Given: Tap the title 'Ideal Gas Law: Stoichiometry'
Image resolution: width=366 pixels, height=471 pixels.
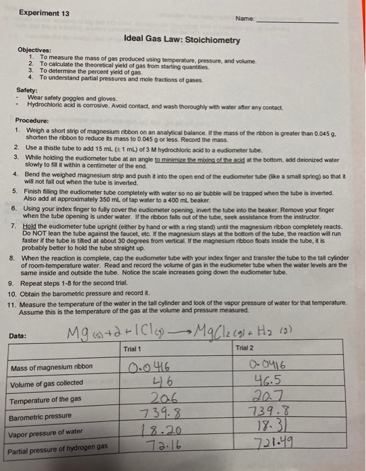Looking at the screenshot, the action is coord(182,40).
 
